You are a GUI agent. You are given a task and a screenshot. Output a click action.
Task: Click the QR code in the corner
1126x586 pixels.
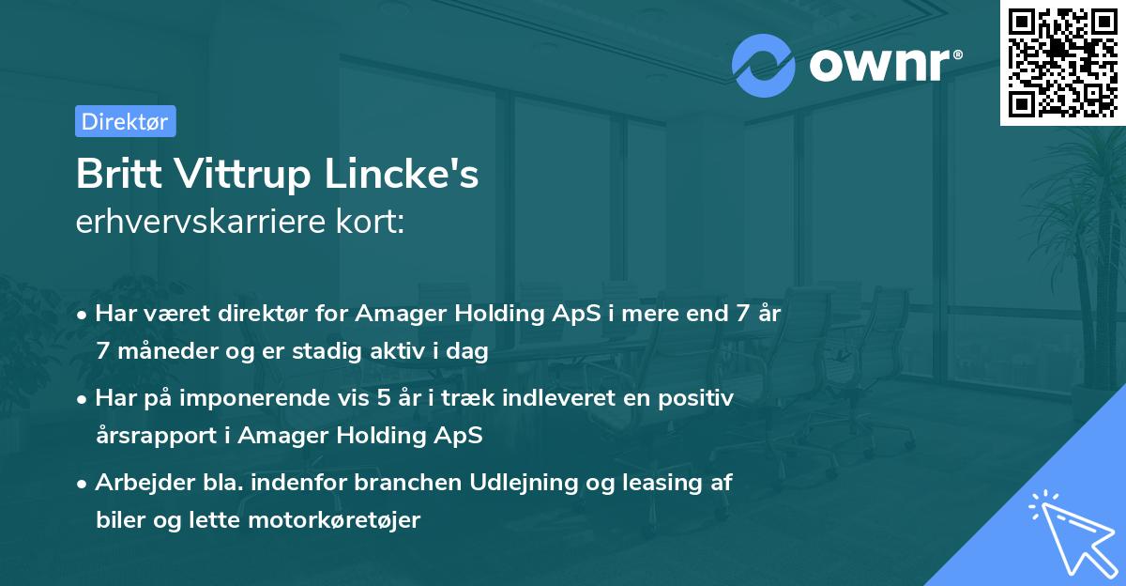1062,63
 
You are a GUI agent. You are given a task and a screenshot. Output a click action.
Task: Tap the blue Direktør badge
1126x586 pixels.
125,121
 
